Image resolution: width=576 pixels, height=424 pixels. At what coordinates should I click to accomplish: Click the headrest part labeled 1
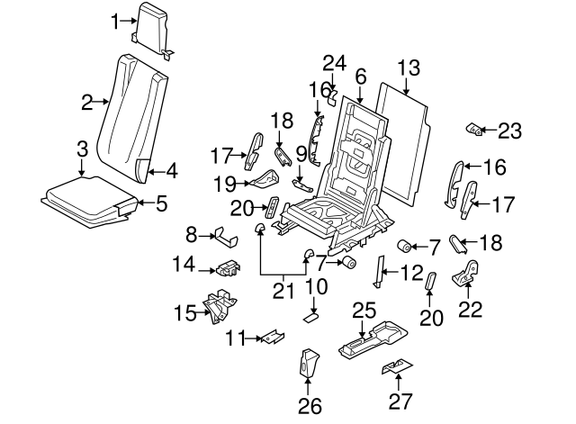(153, 25)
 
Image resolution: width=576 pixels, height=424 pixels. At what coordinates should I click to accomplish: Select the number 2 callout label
(86, 103)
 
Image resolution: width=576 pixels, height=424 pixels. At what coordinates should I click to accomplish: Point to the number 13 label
(409, 67)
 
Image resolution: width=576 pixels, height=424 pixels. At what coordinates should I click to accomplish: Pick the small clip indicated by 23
(473, 130)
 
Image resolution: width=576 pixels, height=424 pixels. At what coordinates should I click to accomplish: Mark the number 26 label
(310, 406)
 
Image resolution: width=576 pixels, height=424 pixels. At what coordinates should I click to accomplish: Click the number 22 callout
(471, 311)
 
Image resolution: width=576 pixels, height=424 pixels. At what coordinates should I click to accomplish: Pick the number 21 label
(284, 290)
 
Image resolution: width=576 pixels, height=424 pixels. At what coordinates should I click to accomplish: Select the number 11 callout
(234, 338)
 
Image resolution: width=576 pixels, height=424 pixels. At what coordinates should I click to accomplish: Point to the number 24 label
(334, 62)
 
